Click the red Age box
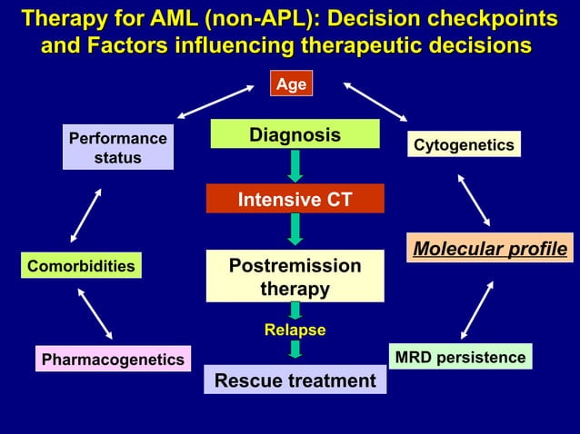click(x=291, y=84)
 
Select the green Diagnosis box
click(x=295, y=134)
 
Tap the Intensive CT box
click(x=295, y=199)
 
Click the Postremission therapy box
click(x=295, y=276)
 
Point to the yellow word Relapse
click(x=295, y=330)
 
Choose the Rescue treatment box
click(x=295, y=380)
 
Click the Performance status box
click(x=118, y=148)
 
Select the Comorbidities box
click(x=81, y=266)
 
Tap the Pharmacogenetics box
click(x=113, y=360)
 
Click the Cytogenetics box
click(x=464, y=144)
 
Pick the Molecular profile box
click(x=491, y=248)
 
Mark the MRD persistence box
click(x=460, y=357)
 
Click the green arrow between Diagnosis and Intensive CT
click(x=295, y=166)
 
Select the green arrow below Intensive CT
click(x=295, y=229)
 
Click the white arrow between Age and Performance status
click(x=215, y=102)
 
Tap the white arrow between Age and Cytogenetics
click(x=376, y=102)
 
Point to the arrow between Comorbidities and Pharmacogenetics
click(x=95, y=313)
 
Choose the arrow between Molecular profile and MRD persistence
click(x=477, y=310)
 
